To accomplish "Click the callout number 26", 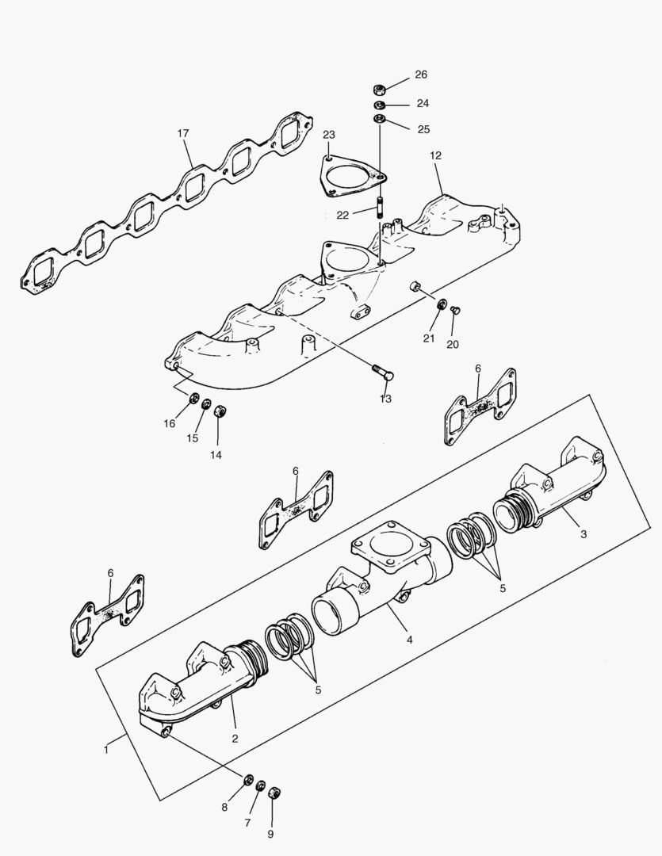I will coord(420,75).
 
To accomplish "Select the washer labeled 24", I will coord(380,105).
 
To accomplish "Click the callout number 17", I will coord(183,134).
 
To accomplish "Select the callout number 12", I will coord(435,156).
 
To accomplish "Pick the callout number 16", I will coord(170,423).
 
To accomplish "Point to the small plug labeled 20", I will coord(455,311).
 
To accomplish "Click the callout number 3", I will coord(584,534).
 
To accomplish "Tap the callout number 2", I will coord(235,739).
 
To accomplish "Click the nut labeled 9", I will coord(274,792).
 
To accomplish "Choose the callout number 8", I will coord(224,807).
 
